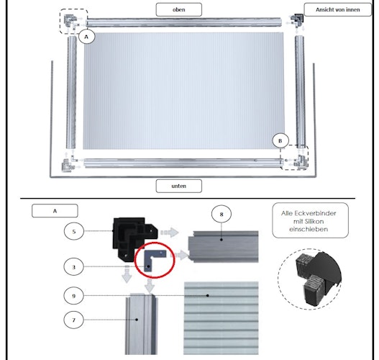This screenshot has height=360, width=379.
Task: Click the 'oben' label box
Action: pyautogui.click(x=179, y=9)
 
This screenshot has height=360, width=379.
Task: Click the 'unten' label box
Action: pyautogui.click(x=179, y=186)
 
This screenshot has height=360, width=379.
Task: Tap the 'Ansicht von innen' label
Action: pyautogui.click(x=338, y=9)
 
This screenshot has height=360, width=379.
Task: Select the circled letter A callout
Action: pyautogui.click(x=86, y=37)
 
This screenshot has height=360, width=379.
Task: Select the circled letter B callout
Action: pyautogui.click(x=280, y=141)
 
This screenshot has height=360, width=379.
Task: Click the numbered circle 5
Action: pyautogui.click(x=74, y=231)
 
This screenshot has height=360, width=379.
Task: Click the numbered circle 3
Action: pyautogui.click(x=74, y=267)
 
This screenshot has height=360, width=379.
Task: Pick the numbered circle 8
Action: pyautogui.click(x=222, y=214)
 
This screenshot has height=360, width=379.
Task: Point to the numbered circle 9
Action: pyautogui.click(x=74, y=296)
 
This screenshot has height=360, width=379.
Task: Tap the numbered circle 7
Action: pyautogui.click(x=74, y=320)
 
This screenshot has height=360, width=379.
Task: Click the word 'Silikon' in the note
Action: pyautogui.click(x=309, y=221)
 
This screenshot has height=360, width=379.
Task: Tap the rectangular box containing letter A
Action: pyautogui.click(x=55, y=211)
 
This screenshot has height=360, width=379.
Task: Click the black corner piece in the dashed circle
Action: pyautogui.click(x=319, y=278)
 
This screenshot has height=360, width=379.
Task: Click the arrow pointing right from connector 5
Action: pyautogui.click(x=170, y=233)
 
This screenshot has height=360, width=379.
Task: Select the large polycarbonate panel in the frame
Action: pyautogui.click(x=183, y=91)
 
